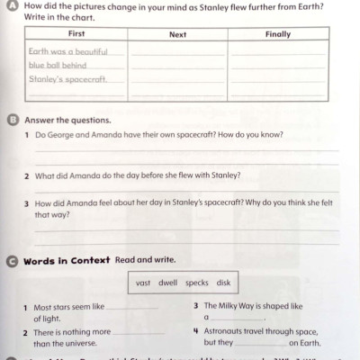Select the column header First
point(75,33)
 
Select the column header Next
point(178,33)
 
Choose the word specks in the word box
point(197,283)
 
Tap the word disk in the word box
point(223,283)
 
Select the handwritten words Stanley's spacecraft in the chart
point(68,80)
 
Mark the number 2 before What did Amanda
point(27,175)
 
